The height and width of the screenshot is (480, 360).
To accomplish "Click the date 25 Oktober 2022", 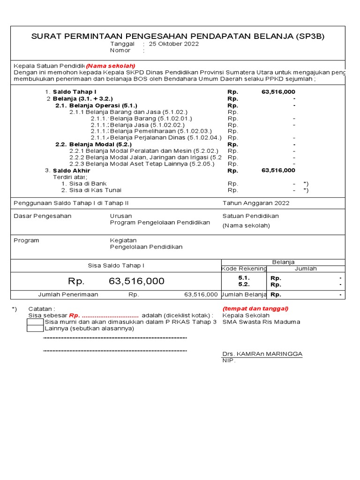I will click(173, 44).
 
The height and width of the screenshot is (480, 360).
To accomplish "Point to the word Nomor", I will click(120, 50).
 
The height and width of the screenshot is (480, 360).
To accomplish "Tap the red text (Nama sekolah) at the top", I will click(111, 66).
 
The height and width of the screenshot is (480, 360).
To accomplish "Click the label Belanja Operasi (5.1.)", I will click(96, 105).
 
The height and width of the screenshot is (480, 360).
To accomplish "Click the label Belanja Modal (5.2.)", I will click(94, 144).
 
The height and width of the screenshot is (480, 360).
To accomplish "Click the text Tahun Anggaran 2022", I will click(256, 203).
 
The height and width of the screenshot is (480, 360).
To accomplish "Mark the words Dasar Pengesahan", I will click(43, 216).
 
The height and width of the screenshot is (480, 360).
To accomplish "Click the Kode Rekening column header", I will click(244, 269).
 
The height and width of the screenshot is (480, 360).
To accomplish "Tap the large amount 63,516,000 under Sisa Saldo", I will click(136, 281).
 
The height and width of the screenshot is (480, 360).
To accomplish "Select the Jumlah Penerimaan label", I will click(68, 295).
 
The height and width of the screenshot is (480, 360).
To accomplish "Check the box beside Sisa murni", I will click(35, 322).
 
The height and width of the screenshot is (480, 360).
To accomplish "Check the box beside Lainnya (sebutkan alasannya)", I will click(35, 329).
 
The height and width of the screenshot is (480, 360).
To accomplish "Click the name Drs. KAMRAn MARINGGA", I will click(262, 353).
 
